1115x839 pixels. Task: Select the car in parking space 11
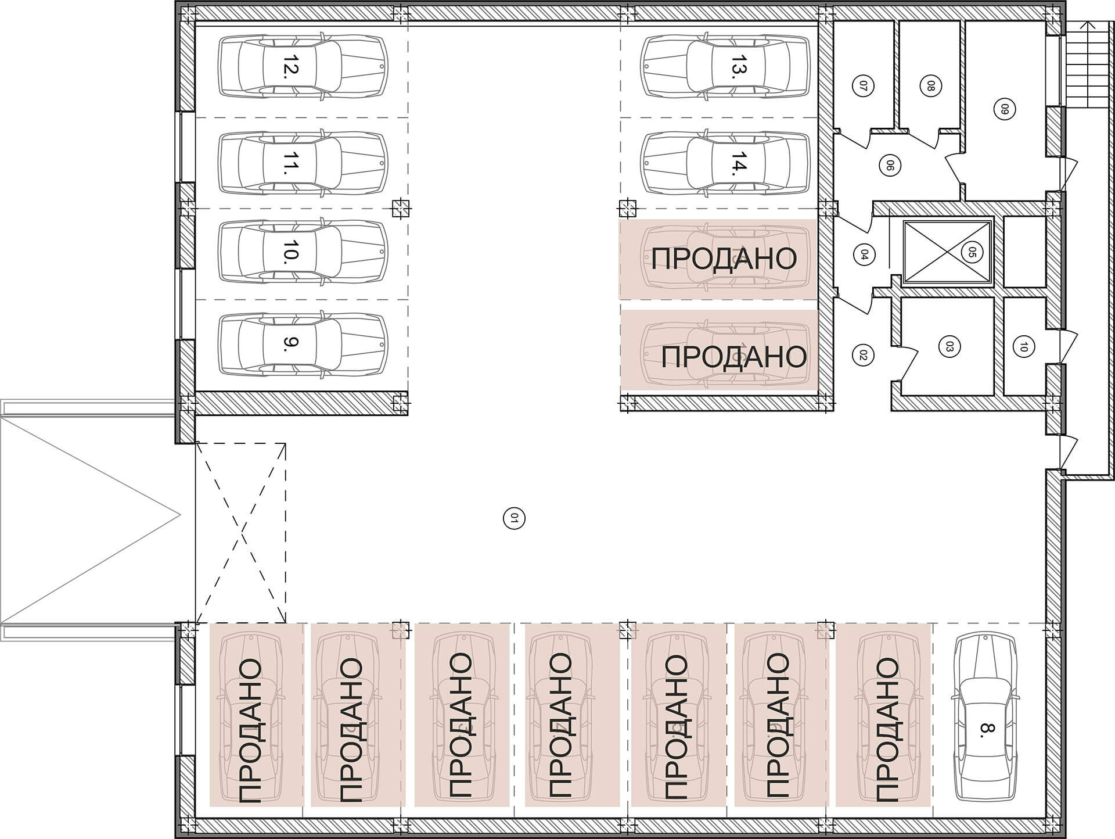(303, 163)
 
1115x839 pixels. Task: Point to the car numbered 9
(303, 345)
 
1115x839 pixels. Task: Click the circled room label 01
(513, 517)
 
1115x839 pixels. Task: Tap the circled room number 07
(863, 87)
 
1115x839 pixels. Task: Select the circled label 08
(930, 87)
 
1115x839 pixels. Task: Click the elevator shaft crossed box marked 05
(948, 253)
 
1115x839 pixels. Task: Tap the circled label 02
(862, 354)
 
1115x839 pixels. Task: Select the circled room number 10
(1023, 347)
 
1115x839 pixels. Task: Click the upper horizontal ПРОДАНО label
(724, 259)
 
